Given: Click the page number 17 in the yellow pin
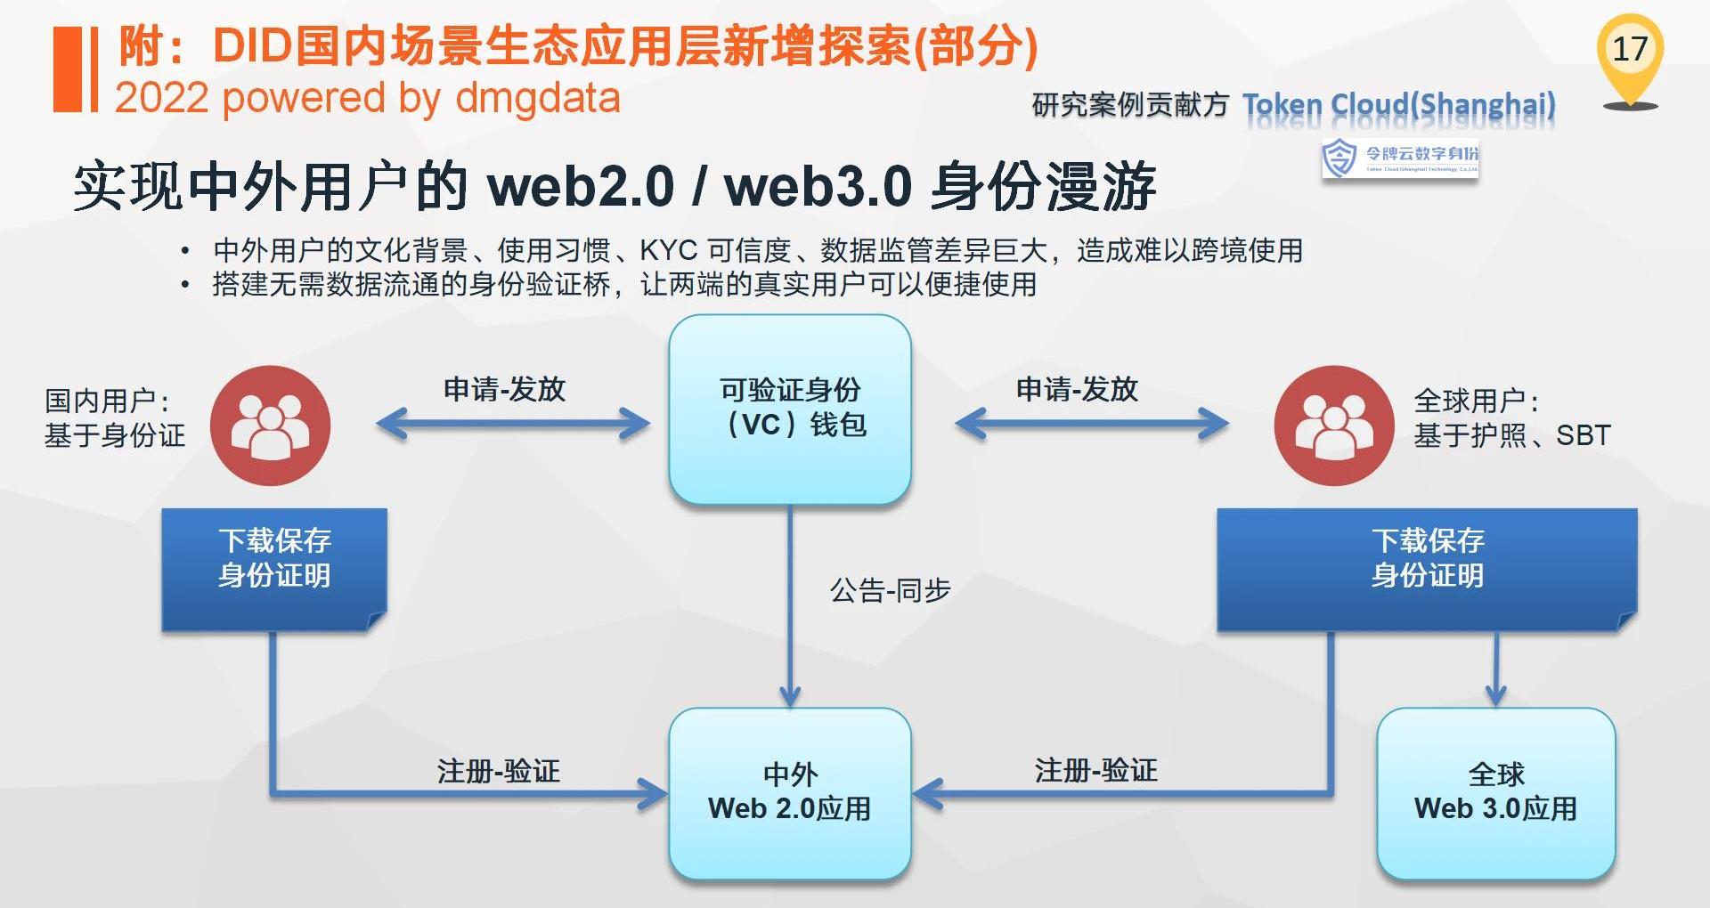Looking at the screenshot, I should tap(1630, 49).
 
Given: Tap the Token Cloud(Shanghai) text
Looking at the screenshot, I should tap(1398, 106).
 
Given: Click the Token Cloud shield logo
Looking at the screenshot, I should tap(1339, 158).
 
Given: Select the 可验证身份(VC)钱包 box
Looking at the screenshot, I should tap(790, 409).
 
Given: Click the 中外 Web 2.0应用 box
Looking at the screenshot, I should tap(790, 791).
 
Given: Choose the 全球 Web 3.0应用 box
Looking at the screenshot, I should tap(1495, 791).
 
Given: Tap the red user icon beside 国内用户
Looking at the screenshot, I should tap(270, 426).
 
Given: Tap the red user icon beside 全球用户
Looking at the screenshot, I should tap(1333, 426).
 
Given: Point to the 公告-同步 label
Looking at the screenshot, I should tap(890, 590).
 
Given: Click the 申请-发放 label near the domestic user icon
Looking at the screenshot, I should tap(504, 389).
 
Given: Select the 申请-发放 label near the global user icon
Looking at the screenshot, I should tap(1077, 389).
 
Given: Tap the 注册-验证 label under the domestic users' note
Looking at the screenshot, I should tap(498, 771).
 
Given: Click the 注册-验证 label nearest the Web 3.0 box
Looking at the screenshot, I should tap(1095, 771).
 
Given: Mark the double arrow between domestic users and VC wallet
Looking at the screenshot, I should tap(513, 424).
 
